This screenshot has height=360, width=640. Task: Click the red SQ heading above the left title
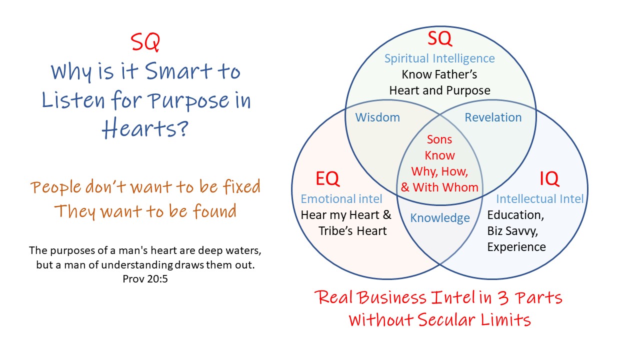point(145,42)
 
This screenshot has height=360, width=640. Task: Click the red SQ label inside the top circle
point(439,38)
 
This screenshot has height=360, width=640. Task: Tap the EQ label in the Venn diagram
point(327,178)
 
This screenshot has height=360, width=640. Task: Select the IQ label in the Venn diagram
point(549,178)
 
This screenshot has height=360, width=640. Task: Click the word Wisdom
point(377,117)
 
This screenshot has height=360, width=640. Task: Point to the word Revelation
point(493,117)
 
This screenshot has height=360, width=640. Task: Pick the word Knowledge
point(440,218)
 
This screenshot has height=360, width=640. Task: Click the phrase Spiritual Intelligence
point(439,58)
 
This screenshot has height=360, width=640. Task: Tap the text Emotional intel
point(341,199)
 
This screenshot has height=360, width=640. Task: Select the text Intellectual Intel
point(539,199)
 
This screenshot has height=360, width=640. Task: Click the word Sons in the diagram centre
point(439,139)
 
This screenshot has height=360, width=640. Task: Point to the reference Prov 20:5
point(145,278)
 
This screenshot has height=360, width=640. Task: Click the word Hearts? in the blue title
point(145,129)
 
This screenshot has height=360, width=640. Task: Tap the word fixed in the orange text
point(241,186)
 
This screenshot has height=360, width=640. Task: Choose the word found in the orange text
point(214,211)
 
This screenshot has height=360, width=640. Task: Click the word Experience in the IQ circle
point(516,247)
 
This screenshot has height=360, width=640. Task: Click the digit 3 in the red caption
point(503,297)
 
